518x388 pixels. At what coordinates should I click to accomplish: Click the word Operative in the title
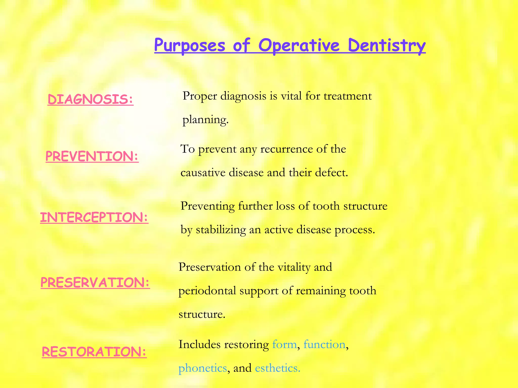point(299,46)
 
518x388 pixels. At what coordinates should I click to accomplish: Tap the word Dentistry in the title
point(387,46)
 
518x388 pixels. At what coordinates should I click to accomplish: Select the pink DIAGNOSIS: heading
point(91,99)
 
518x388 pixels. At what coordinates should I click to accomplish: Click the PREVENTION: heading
point(92,156)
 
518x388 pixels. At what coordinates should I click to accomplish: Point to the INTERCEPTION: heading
point(94,217)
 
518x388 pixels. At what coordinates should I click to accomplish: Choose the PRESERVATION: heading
point(95,282)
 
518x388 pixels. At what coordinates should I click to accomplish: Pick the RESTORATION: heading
point(94,352)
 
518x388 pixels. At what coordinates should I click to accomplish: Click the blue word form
point(284,344)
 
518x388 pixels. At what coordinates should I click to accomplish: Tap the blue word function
point(324,344)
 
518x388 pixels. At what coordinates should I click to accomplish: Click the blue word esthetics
point(277,368)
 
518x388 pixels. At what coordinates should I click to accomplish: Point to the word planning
point(205,120)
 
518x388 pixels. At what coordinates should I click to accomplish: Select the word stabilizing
point(221,230)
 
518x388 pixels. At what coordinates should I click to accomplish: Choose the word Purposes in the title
point(189,46)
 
